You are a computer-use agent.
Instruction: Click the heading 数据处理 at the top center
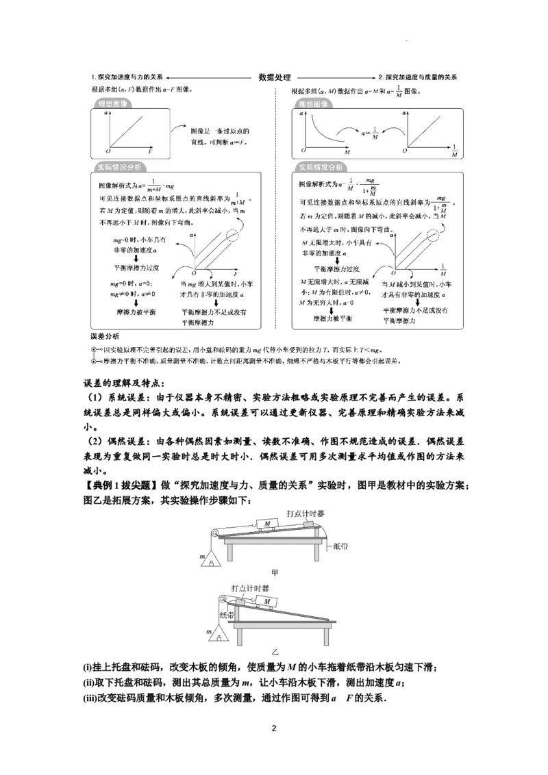click(x=275, y=77)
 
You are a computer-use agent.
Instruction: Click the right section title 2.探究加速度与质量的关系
click(x=417, y=77)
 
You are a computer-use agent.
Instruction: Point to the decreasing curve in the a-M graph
click(x=318, y=130)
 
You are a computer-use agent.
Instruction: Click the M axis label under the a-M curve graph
click(x=347, y=151)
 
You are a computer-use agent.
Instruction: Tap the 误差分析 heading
click(x=105, y=337)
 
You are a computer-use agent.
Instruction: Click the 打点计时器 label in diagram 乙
click(x=250, y=588)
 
